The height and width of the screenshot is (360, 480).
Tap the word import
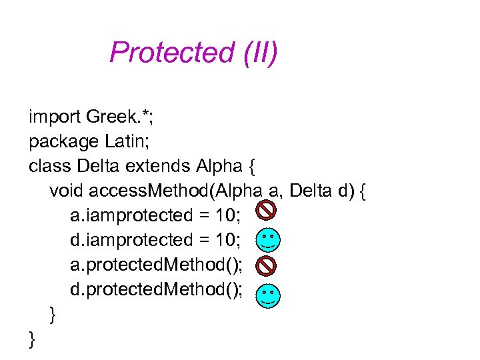point(55,118)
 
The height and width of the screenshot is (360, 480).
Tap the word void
point(66,191)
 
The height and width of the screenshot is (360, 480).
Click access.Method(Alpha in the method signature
point(173,191)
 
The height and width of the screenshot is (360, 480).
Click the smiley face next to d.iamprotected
point(268,240)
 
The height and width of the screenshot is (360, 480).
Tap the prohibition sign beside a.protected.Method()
point(266,265)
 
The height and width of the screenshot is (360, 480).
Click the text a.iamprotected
point(126,215)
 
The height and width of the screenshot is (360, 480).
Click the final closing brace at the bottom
point(33,340)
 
